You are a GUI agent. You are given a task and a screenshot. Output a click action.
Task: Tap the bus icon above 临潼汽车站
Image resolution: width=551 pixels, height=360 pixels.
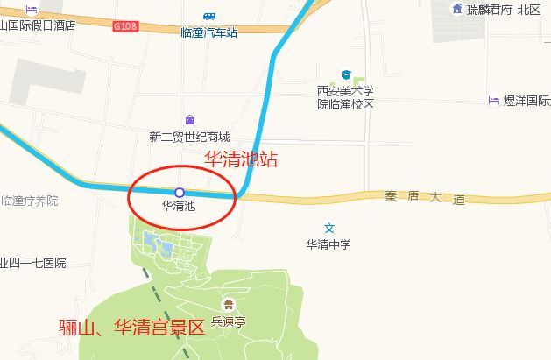(x=209, y=17)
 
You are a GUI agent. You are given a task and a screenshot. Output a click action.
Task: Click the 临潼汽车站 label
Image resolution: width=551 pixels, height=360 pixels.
(x=209, y=32)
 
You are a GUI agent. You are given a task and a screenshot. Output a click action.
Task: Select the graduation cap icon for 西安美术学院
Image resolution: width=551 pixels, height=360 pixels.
(x=346, y=76)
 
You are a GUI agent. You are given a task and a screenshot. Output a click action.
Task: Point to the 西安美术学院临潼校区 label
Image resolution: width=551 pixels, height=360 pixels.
(x=345, y=97)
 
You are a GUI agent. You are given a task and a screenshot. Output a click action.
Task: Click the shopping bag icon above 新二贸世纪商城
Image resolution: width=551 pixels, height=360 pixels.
(x=190, y=120)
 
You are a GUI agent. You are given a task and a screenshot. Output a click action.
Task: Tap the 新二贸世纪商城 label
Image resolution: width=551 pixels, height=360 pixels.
(x=189, y=137)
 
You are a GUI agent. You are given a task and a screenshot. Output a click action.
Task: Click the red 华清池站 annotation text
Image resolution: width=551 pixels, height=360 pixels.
(x=241, y=159)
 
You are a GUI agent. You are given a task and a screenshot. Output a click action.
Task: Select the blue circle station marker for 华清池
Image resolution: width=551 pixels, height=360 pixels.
(x=179, y=192)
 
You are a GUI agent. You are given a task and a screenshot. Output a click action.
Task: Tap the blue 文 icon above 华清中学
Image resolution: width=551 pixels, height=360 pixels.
(x=328, y=228)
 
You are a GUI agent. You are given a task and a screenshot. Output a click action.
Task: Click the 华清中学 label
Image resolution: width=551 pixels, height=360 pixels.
(x=328, y=244)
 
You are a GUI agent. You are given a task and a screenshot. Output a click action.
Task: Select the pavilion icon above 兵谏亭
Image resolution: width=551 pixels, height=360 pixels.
(x=230, y=305)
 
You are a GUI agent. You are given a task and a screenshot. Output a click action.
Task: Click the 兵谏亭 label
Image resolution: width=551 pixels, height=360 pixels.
(x=230, y=322)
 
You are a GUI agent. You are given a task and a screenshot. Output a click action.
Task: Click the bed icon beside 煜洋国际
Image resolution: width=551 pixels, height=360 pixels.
(x=493, y=101)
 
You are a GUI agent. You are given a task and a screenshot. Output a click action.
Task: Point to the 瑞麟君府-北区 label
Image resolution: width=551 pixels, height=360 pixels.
(x=504, y=10)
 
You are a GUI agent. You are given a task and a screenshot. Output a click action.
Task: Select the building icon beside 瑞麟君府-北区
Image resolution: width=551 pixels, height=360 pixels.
(x=456, y=9)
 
